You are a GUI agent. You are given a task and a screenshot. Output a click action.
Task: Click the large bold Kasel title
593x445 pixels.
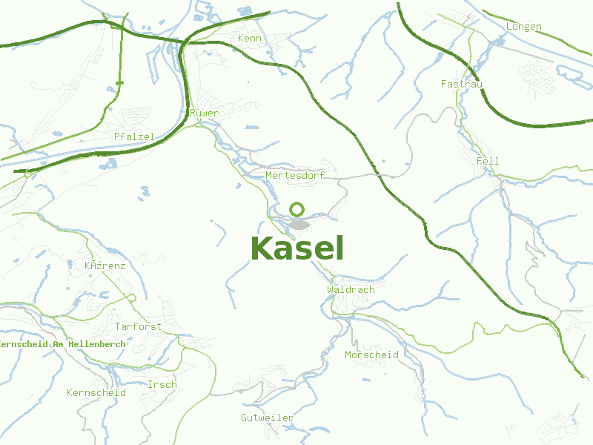297,249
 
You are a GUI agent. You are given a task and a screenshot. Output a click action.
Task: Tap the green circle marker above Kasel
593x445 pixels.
297,209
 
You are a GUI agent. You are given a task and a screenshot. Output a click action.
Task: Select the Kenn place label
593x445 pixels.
250,38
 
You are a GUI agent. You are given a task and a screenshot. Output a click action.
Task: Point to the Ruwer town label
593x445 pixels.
204,113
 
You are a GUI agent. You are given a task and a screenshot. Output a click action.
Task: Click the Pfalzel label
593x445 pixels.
134,136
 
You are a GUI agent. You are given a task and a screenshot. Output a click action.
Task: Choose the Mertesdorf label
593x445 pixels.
295,175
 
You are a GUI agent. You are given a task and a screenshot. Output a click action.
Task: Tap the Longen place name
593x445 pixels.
523,27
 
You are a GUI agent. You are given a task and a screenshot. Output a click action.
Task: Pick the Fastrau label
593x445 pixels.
461,84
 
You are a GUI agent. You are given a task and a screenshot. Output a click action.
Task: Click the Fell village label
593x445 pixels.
488,161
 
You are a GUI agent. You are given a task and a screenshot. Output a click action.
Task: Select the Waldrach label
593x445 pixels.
351,289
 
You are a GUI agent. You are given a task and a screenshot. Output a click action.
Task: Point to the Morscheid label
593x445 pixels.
371,355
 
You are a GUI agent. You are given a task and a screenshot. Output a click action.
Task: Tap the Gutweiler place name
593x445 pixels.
267,418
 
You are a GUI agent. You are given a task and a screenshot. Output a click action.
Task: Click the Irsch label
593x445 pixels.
162,384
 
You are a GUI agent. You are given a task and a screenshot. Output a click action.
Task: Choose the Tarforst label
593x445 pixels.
138,326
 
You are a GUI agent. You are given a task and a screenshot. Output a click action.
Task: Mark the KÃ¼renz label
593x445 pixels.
105,266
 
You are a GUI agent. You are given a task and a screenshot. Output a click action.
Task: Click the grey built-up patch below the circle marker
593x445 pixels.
299,224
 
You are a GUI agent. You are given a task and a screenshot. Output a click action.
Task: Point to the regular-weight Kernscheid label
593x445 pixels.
96,392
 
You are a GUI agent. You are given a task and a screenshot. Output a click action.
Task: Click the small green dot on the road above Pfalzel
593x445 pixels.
120,82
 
